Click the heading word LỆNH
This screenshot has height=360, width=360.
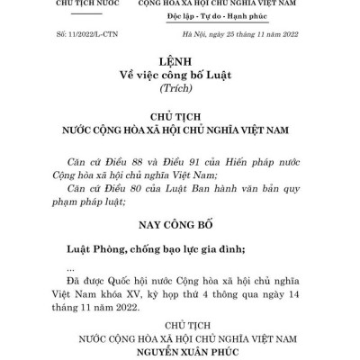tap(179, 63)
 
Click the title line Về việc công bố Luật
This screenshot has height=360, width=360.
tap(179, 77)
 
